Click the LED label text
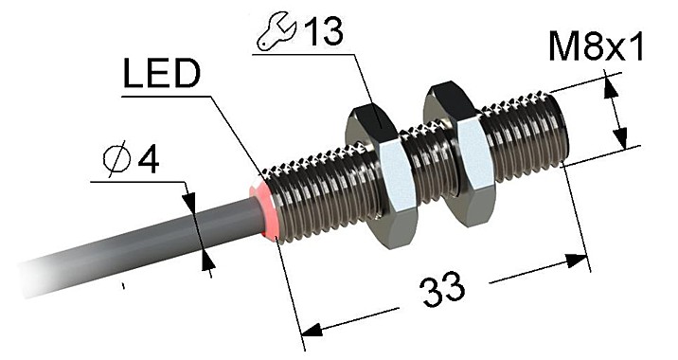coord(161,76)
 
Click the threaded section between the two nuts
coord(421,166)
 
